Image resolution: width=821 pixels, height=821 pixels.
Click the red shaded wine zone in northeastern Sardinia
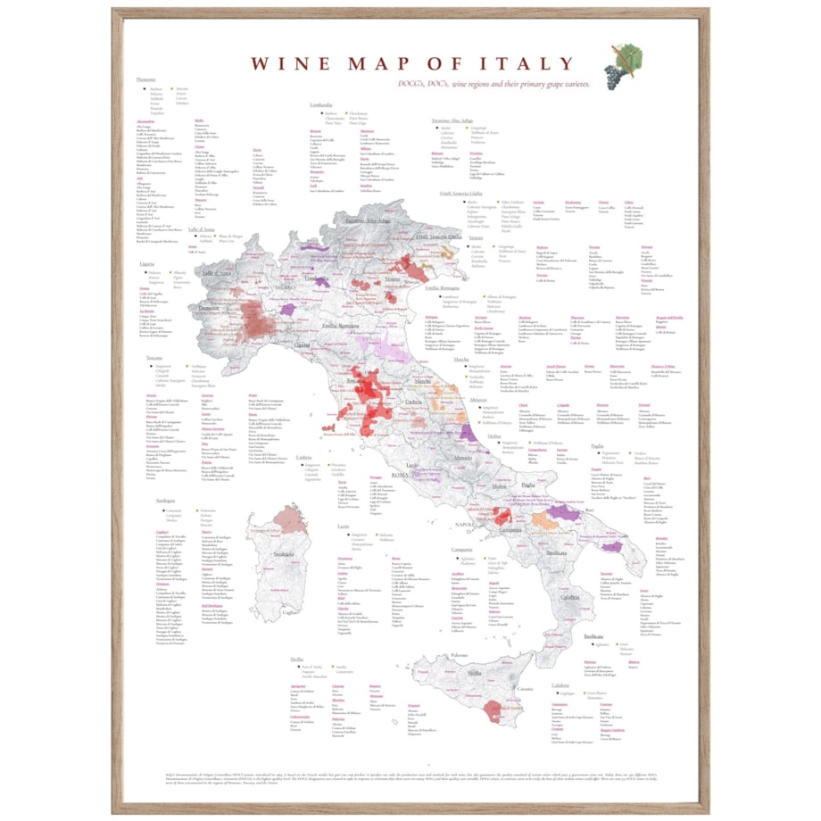point(288,518)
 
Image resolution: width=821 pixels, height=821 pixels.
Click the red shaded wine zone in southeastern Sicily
point(490,709)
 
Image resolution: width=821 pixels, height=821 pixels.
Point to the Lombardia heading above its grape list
point(309,104)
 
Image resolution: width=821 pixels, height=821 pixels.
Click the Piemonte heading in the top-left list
point(146,80)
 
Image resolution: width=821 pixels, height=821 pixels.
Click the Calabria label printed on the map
point(571,597)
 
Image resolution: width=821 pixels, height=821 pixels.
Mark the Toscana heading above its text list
point(155,357)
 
